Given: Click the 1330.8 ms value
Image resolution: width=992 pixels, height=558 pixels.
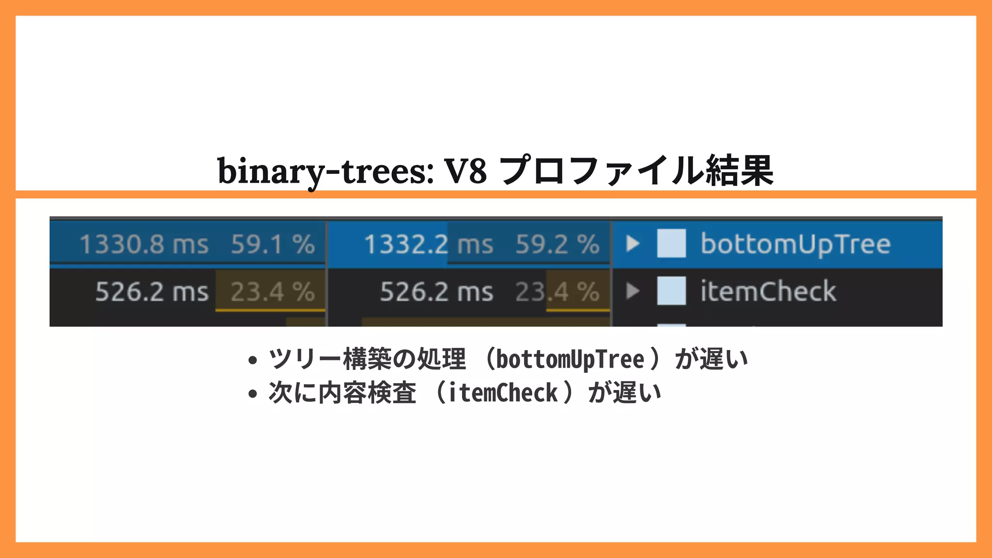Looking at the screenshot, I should (144, 244).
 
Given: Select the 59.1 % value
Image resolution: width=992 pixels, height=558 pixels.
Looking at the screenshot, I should (273, 244).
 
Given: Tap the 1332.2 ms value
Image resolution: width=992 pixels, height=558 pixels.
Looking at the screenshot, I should (429, 244).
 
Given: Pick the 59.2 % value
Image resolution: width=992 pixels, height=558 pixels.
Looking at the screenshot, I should (557, 244).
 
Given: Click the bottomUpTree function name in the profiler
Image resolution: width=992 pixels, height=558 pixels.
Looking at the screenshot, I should (795, 244).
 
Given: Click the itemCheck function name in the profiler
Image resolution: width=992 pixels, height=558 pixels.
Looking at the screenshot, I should (768, 291).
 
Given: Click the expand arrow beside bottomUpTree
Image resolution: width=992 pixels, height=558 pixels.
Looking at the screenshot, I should (633, 243).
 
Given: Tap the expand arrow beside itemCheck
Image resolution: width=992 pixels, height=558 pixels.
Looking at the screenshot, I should (633, 291).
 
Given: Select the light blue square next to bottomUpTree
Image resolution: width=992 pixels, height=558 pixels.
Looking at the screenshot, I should (671, 243).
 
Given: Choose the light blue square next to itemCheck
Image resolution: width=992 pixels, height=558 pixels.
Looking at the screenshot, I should (671, 291).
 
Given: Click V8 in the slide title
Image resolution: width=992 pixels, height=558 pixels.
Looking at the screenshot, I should (465, 171).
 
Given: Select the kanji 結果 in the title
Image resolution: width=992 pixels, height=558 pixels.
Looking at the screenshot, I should (739, 171).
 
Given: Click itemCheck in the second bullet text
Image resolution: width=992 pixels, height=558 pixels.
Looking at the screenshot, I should (503, 393).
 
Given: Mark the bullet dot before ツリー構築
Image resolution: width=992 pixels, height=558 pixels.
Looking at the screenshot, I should (252, 360).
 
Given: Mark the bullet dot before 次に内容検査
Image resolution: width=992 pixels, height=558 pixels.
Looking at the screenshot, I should (252, 393).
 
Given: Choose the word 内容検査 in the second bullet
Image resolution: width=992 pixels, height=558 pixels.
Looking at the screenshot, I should (367, 392).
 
